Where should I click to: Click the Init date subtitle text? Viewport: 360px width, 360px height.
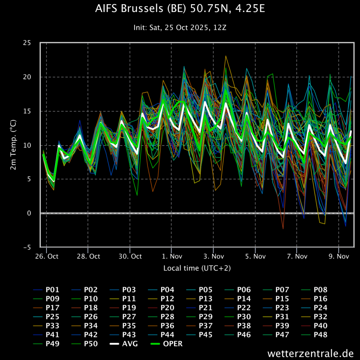[180, 27]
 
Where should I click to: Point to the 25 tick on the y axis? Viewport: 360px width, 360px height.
[27, 43]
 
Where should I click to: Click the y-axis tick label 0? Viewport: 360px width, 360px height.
[29, 213]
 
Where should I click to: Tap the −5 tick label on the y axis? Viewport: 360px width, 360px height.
[27, 247]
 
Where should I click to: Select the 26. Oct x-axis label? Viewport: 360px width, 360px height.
[47, 256]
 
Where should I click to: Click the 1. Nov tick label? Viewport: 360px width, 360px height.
[172, 256]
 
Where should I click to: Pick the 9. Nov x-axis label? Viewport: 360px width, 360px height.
[339, 256]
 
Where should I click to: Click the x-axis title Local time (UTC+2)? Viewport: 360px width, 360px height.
[197, 268]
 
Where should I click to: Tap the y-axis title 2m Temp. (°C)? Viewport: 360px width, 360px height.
[13, 144]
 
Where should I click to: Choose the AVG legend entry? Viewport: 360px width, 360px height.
[124, 344]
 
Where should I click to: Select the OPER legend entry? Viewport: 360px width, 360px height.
[167, 344]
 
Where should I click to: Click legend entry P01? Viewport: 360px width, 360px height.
[46, 290]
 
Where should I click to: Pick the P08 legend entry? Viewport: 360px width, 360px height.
[314, 290]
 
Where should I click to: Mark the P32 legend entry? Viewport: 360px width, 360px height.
[314, 317]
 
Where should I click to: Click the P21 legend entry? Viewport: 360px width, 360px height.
[200, 308]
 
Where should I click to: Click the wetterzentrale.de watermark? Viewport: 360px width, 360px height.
[310, 353]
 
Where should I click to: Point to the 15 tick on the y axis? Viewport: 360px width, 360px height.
[27, 111]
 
